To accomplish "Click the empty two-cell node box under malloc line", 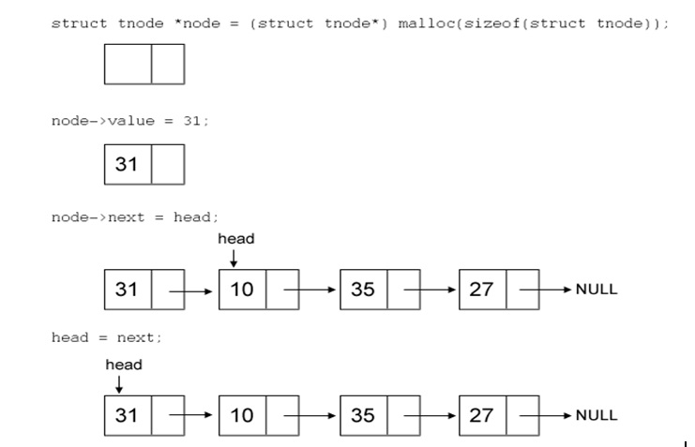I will click(x=144, y=64).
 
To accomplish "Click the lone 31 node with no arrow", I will click(x=128, y=165).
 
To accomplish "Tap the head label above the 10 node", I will click(x=236, y=239).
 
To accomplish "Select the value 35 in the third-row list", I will click(x=363, y=290).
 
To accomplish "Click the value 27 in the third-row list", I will click(x=481, y=290).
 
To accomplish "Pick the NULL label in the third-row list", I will click(x=597, y=290).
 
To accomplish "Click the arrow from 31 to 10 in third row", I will click(x=192, y=290).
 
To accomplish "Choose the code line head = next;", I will click(x=107, y=337).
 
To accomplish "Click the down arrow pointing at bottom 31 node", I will click(x=118, y=383).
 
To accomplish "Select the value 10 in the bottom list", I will click(x=242, y=415).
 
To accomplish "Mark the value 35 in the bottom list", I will click(x=363, y=415).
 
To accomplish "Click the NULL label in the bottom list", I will click(x=597, y=415).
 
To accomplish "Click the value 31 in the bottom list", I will click(x=128, y=415).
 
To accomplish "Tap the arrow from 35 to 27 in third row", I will click(x=431, y=290).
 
